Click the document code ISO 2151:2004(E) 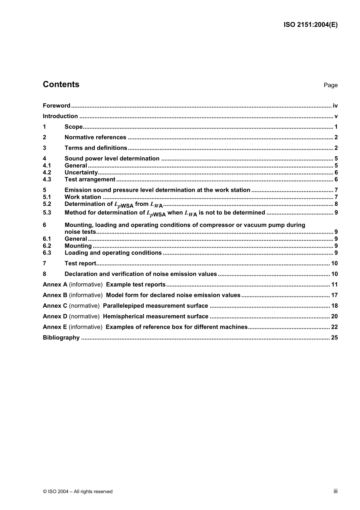click(310, 25)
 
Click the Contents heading click(61, 85)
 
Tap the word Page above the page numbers click(330, 85)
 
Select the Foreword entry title click(56, 106)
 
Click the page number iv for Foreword click(335, 106)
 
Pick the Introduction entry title click(60, 116)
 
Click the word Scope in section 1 click(74, 127)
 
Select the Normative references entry click(95, 138)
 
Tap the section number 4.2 click(47, 173)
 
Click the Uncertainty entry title click(81, 173)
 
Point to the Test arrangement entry click(90, 180)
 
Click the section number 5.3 click(47, 213)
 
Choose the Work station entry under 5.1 click(83, 197)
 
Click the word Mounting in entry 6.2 click(78, 246)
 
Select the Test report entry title click(80, 264)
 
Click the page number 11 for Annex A click(334, 285)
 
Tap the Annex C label click(55, 306)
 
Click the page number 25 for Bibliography click(334, 338)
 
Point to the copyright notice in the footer click(78, 491)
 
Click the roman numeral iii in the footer click(335, 491)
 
